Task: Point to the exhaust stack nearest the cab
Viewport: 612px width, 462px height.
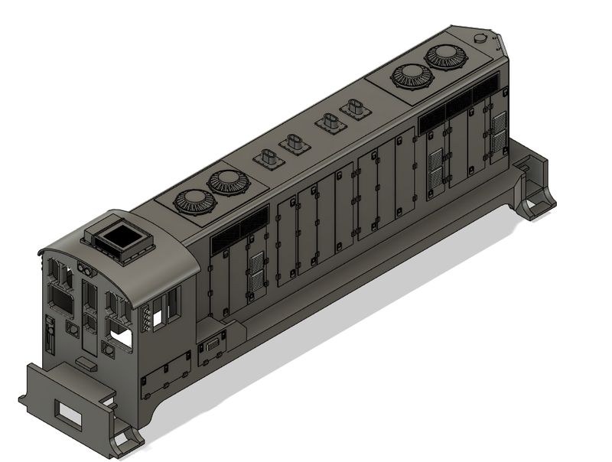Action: point(268,159)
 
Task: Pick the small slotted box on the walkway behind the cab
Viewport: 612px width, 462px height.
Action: point(210,351)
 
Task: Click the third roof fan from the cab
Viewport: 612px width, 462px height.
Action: point(410,76)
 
